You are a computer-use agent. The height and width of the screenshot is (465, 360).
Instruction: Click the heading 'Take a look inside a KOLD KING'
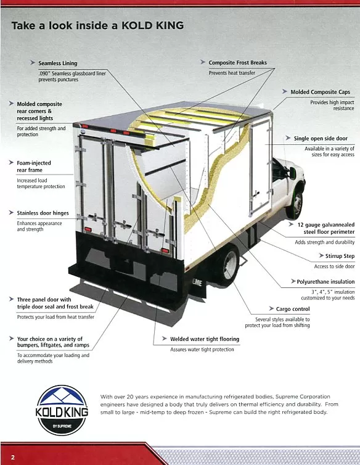click(x=97, y=26)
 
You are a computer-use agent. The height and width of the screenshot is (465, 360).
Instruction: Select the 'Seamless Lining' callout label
click(x=58, y=63)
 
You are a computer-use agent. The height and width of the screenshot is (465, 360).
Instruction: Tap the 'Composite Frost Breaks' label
click(x=237, y=63)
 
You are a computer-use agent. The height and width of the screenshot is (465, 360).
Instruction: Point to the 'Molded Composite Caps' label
click(x=320, y=92)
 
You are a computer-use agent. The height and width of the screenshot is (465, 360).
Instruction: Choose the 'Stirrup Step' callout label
click(x=340, y=255)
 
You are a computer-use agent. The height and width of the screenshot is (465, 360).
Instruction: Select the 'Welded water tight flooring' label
click(x=204, y=339)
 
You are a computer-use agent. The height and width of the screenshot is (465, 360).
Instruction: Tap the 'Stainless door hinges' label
click(x=43, y=213)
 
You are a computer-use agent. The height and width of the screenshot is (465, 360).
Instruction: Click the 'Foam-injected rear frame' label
click(x=34, y=167)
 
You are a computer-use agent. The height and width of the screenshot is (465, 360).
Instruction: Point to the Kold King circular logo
click(x=63, y=409)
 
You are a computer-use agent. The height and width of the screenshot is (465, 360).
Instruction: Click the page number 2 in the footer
click(x=12, y=456)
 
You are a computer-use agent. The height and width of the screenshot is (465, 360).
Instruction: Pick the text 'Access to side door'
click(x=334, y=266)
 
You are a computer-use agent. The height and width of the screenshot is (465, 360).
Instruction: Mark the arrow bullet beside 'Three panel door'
click(x=12, y=299)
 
